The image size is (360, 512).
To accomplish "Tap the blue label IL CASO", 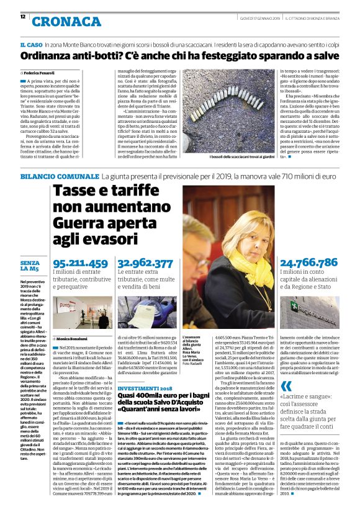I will (x=30, y=46).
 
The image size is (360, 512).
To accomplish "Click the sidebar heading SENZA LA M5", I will (x=30, y=266).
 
